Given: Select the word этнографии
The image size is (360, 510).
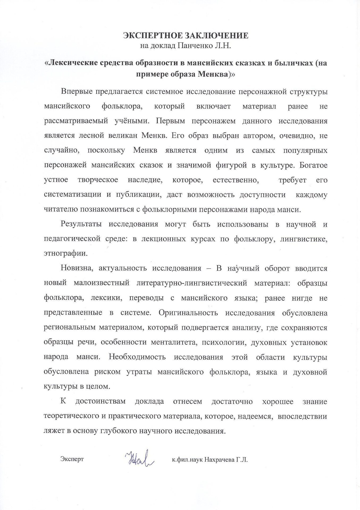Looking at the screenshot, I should coord(65,254).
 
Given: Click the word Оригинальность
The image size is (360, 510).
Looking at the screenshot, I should coord(188,313).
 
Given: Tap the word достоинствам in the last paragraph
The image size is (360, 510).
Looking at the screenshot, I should coord(100,401).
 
